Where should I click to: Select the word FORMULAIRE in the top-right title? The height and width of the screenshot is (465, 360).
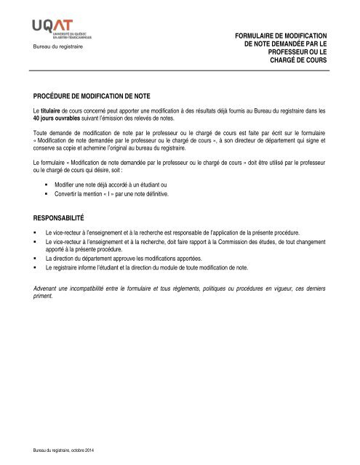pyautogui.click(x=260, y=35)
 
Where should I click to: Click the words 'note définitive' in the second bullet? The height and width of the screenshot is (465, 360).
pyautogui.click(x=149, y=195)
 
